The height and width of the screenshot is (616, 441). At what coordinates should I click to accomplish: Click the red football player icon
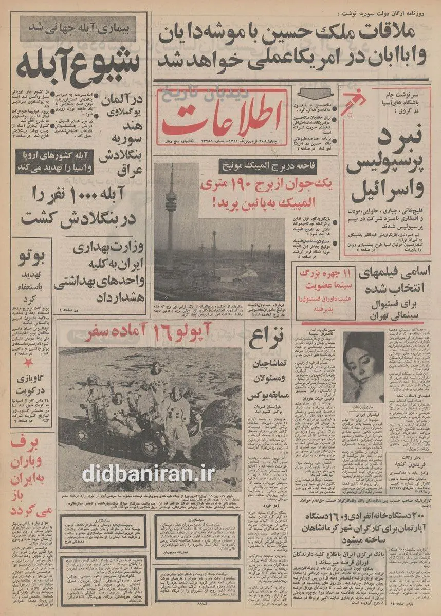pyautogui.click(x=354, y=101)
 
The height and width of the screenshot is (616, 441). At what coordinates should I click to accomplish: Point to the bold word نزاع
pyautogui.click(x=265, y=342)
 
